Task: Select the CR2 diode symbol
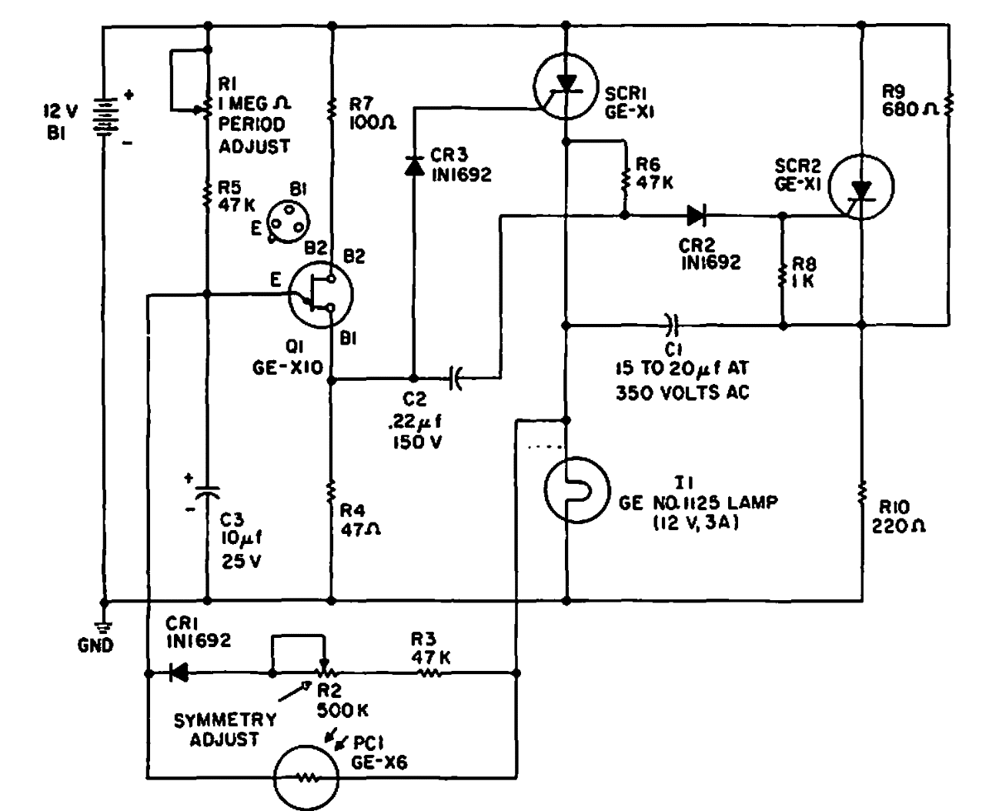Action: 697,215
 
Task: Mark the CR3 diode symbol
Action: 414,165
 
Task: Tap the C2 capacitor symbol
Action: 456,379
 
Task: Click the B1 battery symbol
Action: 103,118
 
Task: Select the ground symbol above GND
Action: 103,626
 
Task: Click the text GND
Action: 95,645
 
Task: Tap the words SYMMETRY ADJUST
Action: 224,729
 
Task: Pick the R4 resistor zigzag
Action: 332,489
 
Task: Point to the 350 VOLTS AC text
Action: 682,392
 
